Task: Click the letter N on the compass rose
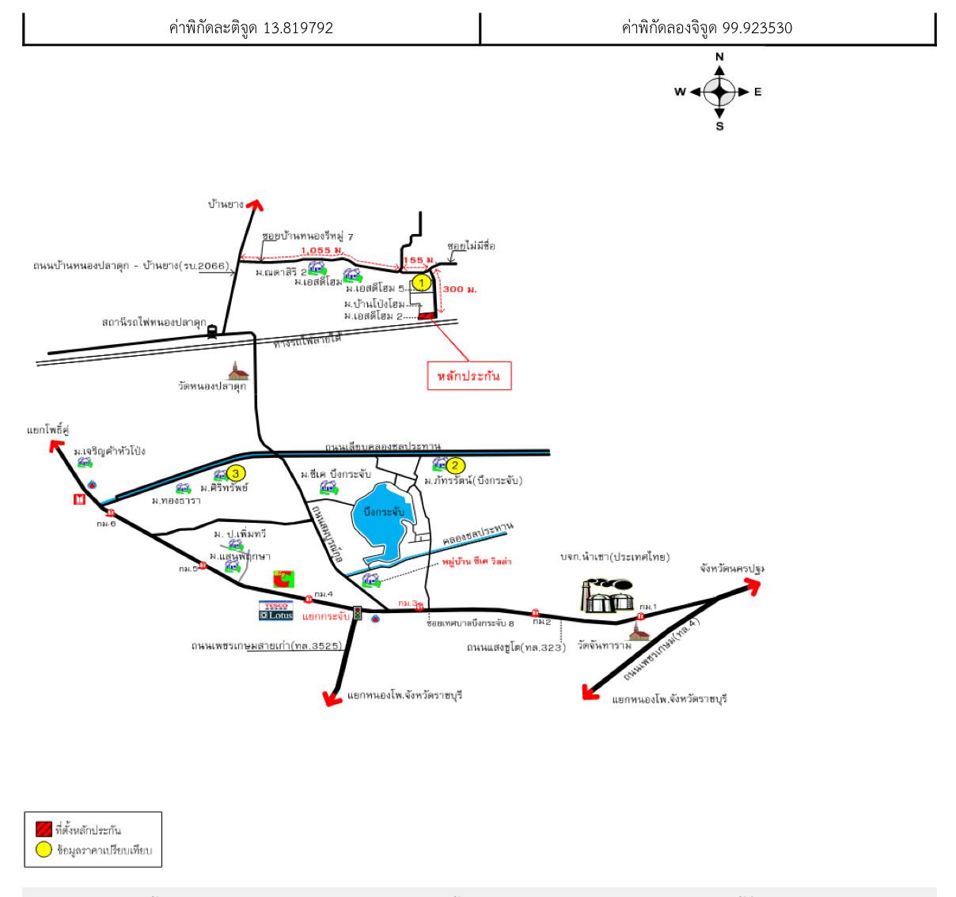click(719, 57)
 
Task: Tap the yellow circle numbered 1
click(423, 282)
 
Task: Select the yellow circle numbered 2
click(455, 465)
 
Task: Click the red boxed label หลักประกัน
click(469, 377)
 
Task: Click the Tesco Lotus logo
click(275, 610)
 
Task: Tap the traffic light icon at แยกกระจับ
click(358, 612)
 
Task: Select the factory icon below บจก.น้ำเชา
click(607, 596)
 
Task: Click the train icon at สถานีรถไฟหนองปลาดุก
click(212, 332)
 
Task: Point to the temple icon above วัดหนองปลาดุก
click(237, 370)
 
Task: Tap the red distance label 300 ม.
click(453, 290)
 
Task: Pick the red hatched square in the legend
click(44, 830)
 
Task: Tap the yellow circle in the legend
click(44, 851)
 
